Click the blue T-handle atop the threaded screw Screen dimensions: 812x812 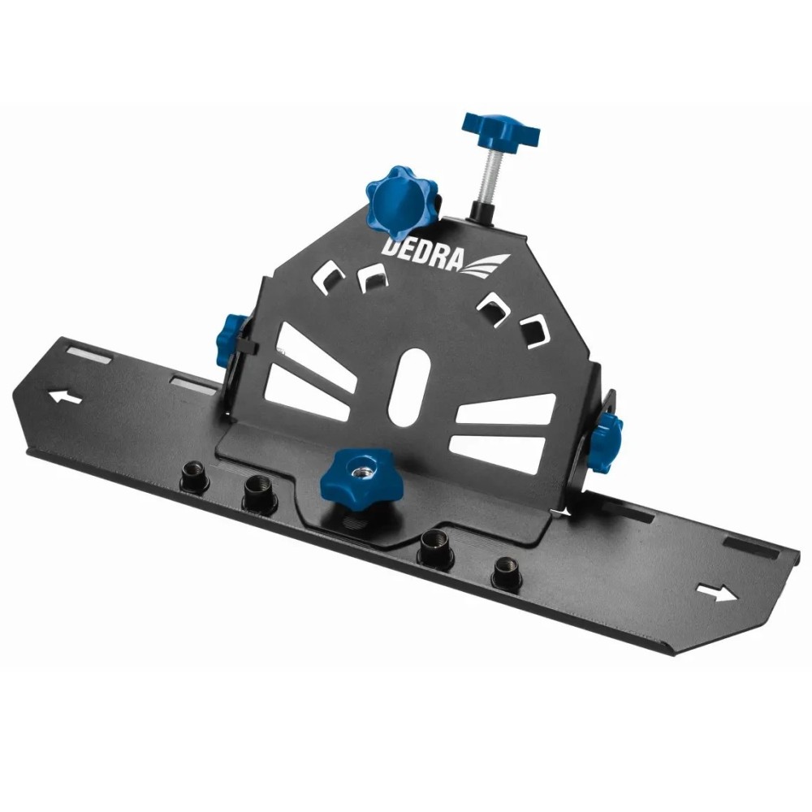(500, 129)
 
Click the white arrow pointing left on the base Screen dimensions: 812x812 (65, 397)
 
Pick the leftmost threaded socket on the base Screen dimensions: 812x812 (195, 477)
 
